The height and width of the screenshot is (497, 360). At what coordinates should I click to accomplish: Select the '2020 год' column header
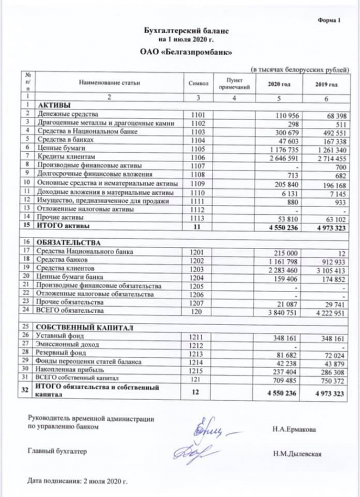click(280, 84)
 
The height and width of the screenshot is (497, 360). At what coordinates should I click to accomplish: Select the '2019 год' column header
click(327, 84)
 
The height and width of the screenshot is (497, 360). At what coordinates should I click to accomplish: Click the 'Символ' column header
click(198, 84)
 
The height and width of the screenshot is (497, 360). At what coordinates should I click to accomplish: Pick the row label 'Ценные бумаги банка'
click(65, 277)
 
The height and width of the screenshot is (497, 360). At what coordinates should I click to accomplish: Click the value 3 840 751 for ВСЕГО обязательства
click(282, 311)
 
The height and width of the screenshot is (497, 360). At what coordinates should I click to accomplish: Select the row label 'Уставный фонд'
click(56, 336)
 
